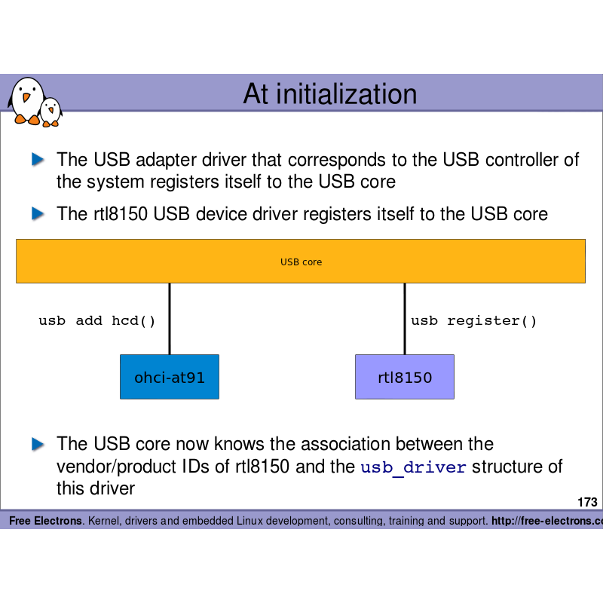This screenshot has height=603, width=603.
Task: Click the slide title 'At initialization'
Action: click(x=329, y=94)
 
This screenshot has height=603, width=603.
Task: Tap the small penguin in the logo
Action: click(x=51, y=112)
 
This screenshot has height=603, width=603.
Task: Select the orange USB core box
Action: click(x=301, y=262)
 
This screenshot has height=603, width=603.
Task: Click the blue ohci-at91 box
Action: click(x=170, y=377)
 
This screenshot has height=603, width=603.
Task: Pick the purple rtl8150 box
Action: click(x=405, y=377)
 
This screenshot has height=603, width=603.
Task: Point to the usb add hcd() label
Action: click(x=97, y=321)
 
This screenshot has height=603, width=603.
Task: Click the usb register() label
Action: click(x=474, y=321)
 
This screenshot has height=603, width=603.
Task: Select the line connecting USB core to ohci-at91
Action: click(x=170, y=318)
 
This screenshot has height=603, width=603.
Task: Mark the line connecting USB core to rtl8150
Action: click(x=405, y=318)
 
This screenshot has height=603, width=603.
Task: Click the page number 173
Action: click(x=587, y=503)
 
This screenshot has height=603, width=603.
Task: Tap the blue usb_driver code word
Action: click(x=414, y=467)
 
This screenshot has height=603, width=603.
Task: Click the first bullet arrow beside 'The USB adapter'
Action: click(x=38, y=160)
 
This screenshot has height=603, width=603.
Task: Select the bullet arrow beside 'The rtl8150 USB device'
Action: click(x=38, y=214)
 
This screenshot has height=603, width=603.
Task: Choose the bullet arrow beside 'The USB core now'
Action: click(x=38, y=444)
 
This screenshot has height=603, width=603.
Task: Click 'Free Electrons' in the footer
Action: click(x=45, y=521)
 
